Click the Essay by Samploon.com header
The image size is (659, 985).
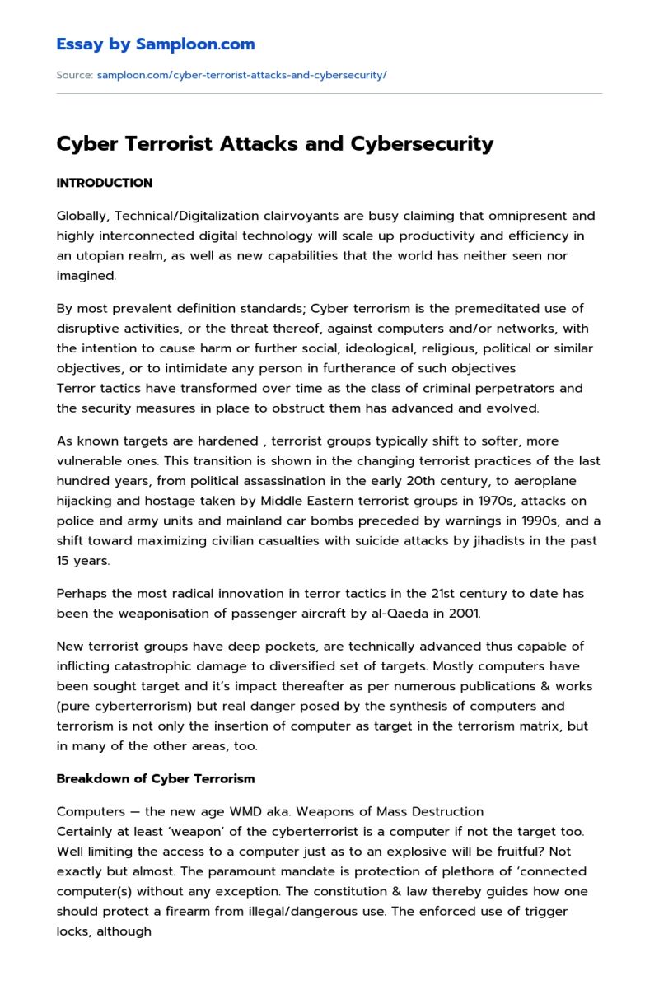coord(156,44)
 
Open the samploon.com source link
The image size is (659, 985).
coord(241,75)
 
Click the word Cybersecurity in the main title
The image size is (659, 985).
coord(422,143)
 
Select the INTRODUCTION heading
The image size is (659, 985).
coord(104,183)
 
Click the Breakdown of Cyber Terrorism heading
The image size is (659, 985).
coord(156,778)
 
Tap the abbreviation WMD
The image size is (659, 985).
coord(220,811)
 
